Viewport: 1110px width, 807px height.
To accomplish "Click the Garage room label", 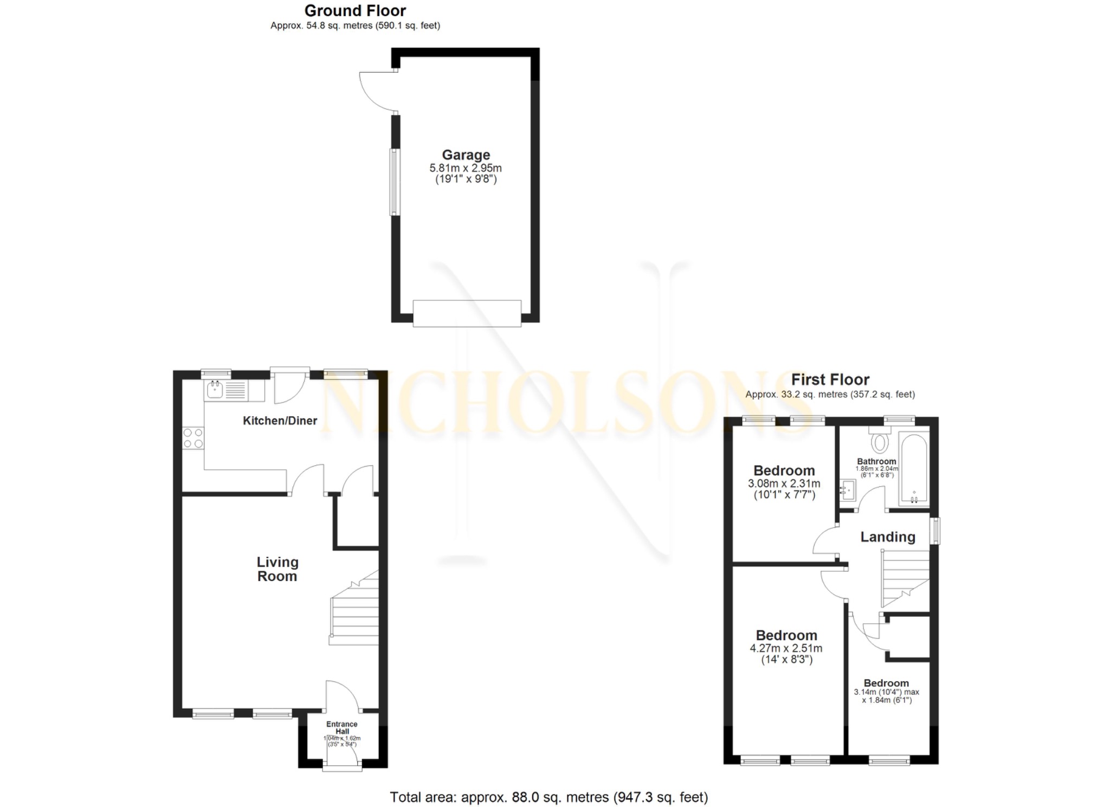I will tap(466, 155).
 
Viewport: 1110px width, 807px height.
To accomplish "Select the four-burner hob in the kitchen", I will tap(193, 438).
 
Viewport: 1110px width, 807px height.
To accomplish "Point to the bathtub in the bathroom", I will tap(914, 468).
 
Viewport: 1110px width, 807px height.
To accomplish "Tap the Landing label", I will tap(887, 537).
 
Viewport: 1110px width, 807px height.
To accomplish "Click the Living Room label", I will tap(277, 569).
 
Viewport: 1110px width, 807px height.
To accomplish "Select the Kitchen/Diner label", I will tap(280, 421).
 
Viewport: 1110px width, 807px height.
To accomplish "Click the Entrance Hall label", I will tap(341, 727).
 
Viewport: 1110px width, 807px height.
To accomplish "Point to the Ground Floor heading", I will tap(355, 11).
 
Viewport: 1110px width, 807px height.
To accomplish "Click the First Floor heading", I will tap(830, 379).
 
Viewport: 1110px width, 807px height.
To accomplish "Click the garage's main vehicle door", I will tap(467, 314).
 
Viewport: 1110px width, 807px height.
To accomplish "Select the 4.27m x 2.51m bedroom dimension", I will tap(786, 648).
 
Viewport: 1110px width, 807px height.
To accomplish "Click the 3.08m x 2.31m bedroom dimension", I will tap(784, 483).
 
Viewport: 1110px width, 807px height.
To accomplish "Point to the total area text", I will tap(548, 797).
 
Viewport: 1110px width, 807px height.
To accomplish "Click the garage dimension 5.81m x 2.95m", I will tap(466, 168).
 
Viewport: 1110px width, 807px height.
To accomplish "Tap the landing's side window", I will tap(935, 531).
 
